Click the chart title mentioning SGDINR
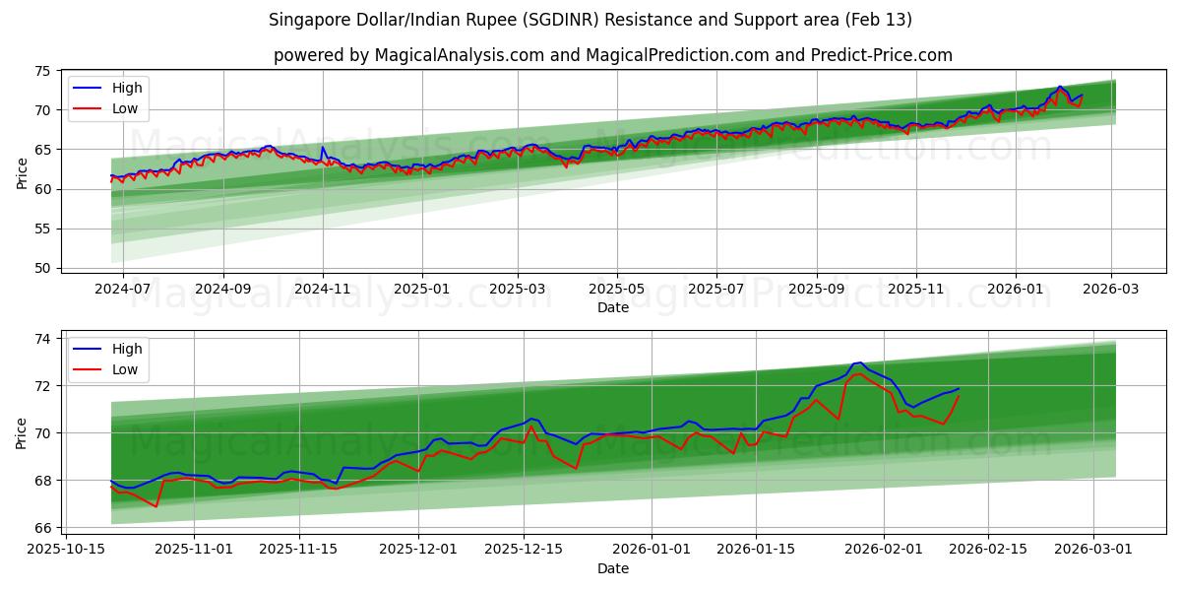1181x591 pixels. (590, 20)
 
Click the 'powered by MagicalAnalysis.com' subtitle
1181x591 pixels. (612, 55)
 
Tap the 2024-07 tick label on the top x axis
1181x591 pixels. (123, 290)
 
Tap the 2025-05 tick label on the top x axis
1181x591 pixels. (617, 290)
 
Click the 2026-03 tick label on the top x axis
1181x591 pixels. (1111, 290)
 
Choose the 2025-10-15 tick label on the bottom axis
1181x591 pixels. (67, 551)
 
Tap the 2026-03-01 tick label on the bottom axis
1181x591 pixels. (1094, 551)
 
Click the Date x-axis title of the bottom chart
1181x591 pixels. (612, 568)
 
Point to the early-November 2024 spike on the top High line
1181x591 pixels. (323, 148)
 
